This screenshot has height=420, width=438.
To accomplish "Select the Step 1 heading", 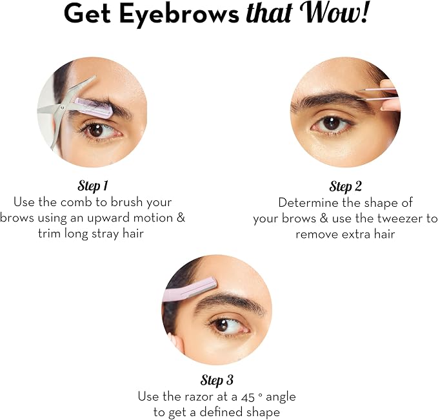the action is [x=93, y=186].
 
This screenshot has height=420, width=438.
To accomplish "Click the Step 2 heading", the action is [x=346, y=186].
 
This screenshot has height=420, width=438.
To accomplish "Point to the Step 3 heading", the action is [x=217, y=380].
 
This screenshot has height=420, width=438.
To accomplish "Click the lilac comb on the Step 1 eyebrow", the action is [x=94, y=107].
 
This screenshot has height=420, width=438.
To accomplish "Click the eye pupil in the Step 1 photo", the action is [x=96, y=130].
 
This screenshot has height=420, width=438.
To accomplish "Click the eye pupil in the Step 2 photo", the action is [x=332, y=122].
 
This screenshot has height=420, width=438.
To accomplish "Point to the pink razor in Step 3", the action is [x=190, y=289].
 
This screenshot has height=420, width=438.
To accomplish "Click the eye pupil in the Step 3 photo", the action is [x=222, y=325].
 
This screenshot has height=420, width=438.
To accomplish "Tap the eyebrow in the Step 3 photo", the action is [x=230, y=303].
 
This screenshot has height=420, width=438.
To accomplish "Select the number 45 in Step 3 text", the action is [x=248, y=397].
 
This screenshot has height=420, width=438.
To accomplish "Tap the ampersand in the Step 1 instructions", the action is [x=181, y=218].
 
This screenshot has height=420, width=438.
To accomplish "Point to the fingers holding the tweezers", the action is [x=390, y=95].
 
